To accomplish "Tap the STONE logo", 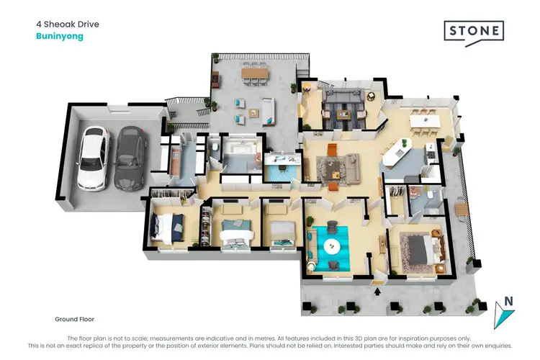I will (x=473, y=32).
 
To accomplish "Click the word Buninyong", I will (x=60, y=37).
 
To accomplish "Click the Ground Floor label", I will (x=74, y=318).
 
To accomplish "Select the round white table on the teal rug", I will (x=331, y=246).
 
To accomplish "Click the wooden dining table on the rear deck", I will (x=253, y=73).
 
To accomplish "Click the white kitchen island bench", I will (x=397, y=152).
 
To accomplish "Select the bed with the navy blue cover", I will (x=168, y=227).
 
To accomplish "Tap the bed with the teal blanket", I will (x=236, y=233).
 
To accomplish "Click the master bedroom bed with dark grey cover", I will (x=420, y=248).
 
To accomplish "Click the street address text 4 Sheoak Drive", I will (x=68, y=24).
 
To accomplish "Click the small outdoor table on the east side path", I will (x=462, y=210).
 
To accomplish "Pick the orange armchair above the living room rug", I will (x=333, y=149).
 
